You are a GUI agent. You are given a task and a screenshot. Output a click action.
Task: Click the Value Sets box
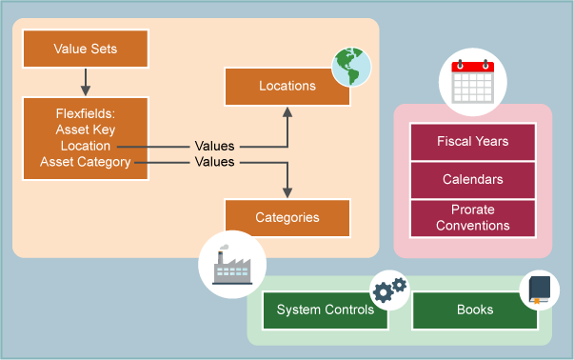point(85,49)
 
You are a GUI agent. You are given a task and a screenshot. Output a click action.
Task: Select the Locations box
point(287,86)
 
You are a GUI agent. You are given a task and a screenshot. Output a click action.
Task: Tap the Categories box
point(287,217)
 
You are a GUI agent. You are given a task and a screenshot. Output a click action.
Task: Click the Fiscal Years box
point(472,142)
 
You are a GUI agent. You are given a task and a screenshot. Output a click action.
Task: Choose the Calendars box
point(472,179)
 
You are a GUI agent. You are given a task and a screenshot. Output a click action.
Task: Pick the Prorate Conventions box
point(472,218)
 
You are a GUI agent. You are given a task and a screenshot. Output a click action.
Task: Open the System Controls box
point(325,310)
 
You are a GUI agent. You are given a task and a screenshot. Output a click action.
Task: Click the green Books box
point(475,310)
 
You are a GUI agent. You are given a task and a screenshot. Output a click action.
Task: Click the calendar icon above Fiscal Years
point(472,83)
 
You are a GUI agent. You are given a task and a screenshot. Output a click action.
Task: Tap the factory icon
point(226,264)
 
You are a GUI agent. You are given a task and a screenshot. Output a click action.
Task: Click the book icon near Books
point(540,289)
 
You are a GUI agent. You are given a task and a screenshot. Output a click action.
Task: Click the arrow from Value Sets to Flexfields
point(85,82)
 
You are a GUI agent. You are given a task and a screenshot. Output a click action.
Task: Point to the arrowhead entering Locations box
point(287,111)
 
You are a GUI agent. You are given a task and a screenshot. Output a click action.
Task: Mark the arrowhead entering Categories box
point(287,192)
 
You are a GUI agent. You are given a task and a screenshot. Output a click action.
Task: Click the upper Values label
point(214,147)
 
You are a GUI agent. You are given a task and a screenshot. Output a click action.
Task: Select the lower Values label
point(214,163)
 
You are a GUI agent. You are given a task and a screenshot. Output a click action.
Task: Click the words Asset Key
point(86,130)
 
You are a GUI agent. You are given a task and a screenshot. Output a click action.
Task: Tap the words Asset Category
point(85,163)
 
